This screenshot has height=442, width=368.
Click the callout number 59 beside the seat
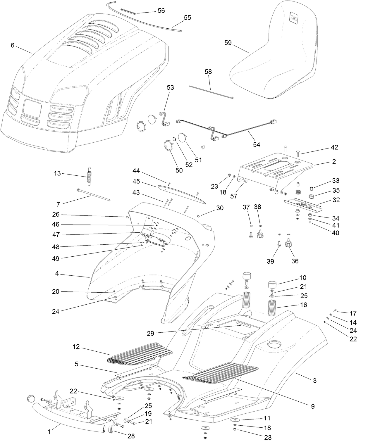point(228,43)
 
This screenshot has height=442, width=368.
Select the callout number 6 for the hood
point(13,45)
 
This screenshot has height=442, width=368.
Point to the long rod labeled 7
point(94,195)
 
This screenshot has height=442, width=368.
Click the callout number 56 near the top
point(161,11)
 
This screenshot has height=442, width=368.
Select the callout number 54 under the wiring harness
point(257,144)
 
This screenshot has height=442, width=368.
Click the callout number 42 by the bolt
point(334,147)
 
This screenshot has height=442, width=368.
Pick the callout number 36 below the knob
point(295,261)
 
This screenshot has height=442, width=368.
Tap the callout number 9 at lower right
point(313,406)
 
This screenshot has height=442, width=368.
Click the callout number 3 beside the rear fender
point(315,381)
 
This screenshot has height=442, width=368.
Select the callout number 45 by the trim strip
point(136,182)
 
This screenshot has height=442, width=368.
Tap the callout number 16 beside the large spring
point(303,305)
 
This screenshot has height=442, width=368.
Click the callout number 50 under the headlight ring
point(179,170)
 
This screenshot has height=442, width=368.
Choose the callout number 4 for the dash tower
point(57,274)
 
